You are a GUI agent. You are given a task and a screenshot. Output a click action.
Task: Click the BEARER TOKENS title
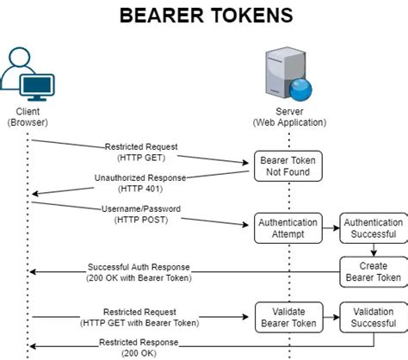(205, 16)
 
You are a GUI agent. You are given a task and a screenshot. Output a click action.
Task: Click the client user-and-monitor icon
(28, 74)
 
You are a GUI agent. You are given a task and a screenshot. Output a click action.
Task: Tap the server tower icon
(287, 73)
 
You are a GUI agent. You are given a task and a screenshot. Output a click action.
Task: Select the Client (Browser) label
(28, 117)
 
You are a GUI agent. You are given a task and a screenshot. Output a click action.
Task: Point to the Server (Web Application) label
(287, 117)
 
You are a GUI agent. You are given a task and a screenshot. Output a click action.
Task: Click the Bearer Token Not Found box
(287, 166)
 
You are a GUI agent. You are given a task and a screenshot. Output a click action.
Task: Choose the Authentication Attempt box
(287, 227)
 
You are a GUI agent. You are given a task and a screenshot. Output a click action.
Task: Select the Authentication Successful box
(372, 227)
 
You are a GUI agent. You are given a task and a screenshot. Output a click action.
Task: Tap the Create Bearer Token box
(372, 272)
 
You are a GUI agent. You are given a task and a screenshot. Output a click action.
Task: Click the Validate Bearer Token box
(287, 317)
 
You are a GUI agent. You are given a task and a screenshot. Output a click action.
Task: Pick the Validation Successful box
(372, 317)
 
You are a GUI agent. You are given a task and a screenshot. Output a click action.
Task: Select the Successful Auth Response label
(138, 272)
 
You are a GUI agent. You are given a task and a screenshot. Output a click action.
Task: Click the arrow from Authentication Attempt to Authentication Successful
(331, 227)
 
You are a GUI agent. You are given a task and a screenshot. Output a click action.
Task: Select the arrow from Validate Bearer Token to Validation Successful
(331, 317)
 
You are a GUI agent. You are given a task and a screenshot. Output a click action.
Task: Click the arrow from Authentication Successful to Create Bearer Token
(372, 250)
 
